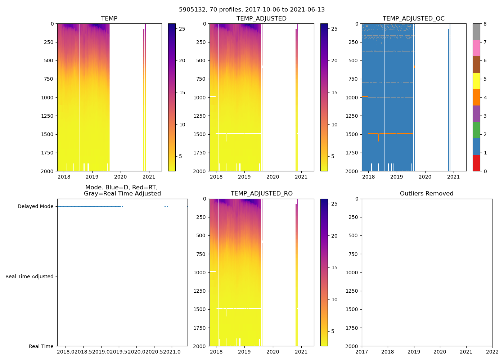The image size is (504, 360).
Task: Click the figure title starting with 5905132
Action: [252, 10]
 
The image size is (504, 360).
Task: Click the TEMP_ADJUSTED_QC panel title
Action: [413, 19]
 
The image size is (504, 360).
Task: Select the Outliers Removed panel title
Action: [427, 194]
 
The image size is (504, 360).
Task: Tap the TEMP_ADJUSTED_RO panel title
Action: [261, 194]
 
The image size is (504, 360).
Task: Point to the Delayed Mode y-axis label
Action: [35, 206]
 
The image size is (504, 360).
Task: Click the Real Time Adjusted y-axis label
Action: [30, 276]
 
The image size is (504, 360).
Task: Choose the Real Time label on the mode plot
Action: [41, 346]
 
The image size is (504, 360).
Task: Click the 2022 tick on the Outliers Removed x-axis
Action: [492, 352]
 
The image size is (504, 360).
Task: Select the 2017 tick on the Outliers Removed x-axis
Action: [362, 352]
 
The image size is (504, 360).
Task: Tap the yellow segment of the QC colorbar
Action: [476, 81]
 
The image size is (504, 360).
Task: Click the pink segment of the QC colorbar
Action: [476, 48]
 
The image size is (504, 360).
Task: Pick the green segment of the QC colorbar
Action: [476, 130]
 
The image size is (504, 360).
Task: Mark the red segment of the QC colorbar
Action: [476, 163]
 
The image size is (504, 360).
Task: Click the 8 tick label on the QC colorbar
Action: [485, 24]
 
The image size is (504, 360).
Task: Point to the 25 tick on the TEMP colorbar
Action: [182, 29]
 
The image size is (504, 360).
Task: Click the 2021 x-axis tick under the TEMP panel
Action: [149, 177]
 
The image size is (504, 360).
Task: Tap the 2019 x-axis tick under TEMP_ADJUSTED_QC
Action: [397, 177]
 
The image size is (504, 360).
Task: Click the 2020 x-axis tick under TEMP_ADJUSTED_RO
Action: [273, 352]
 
